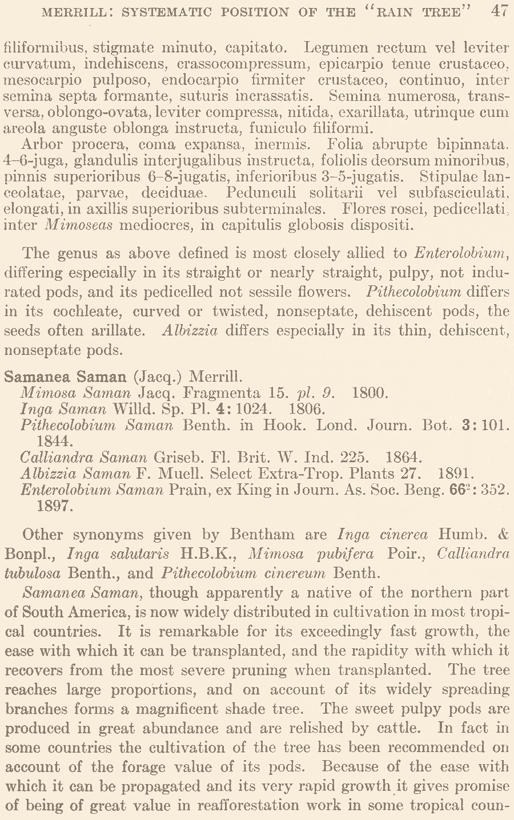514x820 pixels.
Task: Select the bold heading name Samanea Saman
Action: (x=65, y=377)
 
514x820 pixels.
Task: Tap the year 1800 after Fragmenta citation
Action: (x=370, y=393)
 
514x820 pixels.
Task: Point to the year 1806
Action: (x=307, y=409)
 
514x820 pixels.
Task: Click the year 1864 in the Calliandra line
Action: (x=404, y=457)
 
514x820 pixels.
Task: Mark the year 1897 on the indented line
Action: (x=55, y=506)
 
